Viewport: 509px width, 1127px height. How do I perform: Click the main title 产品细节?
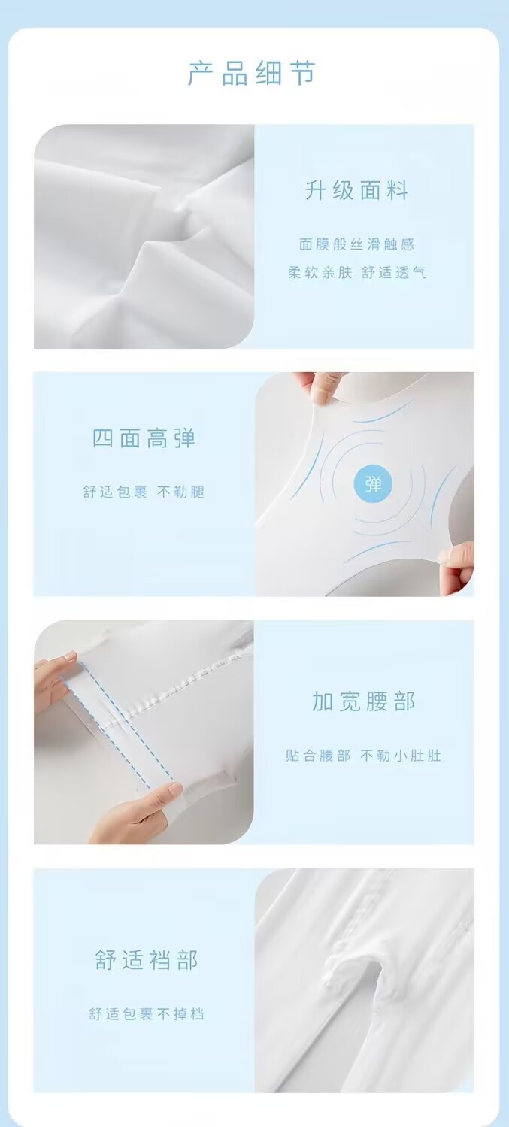(251, 74)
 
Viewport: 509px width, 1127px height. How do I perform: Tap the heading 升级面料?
(356, 191)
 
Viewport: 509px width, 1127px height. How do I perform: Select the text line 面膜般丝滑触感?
(356, 244)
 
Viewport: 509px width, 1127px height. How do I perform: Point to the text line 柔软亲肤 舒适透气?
(357, 273)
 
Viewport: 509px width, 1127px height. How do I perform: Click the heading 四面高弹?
(144, 439)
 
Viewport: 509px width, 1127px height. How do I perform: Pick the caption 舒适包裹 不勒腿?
(144, 492)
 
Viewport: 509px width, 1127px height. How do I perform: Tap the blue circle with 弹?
(373, 484)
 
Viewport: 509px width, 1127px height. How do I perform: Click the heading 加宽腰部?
(363, 701)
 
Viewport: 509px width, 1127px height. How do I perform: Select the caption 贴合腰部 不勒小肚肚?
(363, 755)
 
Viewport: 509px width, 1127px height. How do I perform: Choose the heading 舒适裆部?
(147, 959)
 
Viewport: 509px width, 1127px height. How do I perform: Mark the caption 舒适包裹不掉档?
(147, 1013)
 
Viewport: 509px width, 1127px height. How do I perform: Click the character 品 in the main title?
(235, 74)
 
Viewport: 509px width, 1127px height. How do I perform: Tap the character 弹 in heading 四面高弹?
(185, 439)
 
